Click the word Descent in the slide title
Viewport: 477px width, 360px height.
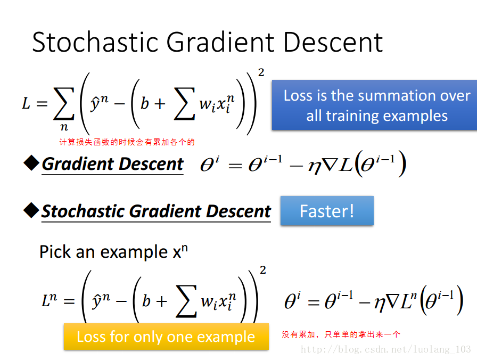pos(333,42)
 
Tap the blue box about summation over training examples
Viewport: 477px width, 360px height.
pos(374,105)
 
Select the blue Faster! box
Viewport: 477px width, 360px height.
pos(327,210)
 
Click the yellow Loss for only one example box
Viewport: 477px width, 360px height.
pos(166,337)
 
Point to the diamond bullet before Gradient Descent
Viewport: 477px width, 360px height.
pos(31,163)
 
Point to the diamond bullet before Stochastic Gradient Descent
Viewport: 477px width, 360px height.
pos(31,210)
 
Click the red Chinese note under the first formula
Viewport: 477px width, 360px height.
pos(127,142)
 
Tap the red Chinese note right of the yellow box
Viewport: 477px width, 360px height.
pos(341,334)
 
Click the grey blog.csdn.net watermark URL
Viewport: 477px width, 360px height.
pos(386,349)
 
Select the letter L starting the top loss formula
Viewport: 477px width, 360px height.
pos(26,103)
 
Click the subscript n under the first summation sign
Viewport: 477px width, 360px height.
pos(64,127)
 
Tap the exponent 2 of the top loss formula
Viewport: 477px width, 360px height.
pos(261,72)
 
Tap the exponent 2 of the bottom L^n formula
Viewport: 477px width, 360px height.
pos(263,270)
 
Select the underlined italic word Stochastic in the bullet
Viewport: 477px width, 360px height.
pos(84,211)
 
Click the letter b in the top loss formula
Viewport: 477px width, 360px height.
pos(144,103)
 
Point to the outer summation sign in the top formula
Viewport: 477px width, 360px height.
pos(64,103)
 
